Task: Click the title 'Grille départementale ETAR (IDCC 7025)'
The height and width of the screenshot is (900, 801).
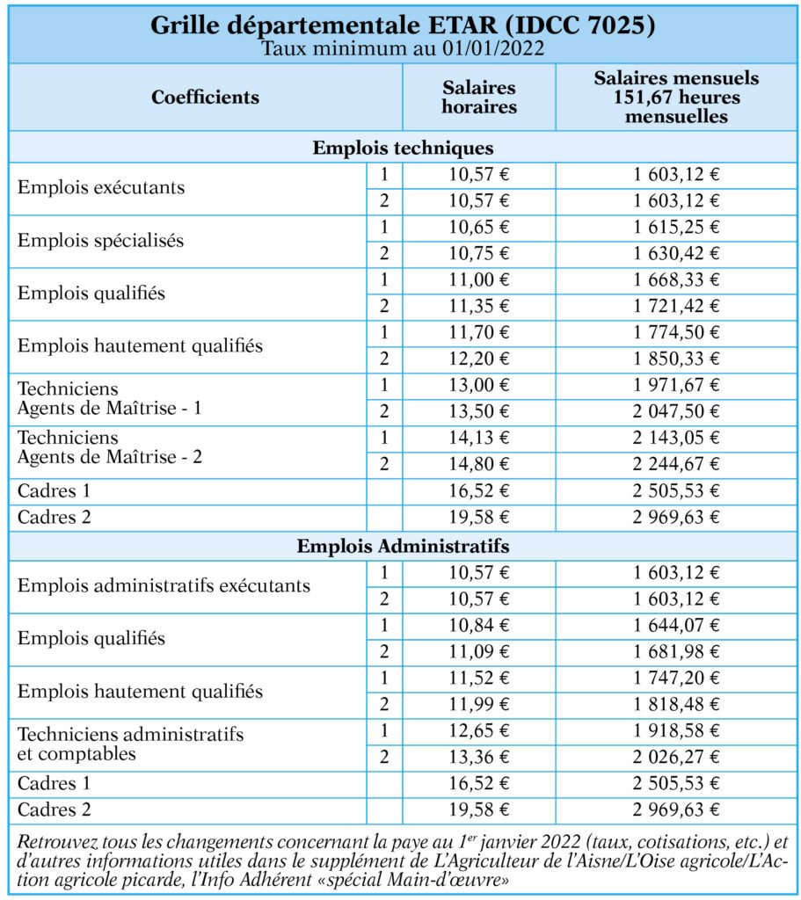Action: coord(403,25)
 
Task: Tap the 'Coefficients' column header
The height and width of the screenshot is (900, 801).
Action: coord(206,97)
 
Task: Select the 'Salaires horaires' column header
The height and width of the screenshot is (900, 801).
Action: coord(479,97)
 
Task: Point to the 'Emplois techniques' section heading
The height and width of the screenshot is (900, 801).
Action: coord(403,148)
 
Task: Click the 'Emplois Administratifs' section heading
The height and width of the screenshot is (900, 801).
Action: coord(403,546)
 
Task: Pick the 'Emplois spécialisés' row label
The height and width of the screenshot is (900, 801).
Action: coord(101,240)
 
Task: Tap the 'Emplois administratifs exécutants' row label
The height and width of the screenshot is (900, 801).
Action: coord(164,585)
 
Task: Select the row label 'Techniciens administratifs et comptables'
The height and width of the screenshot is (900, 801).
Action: coord(131,744)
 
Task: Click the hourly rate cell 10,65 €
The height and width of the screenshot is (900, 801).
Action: coord(479,228)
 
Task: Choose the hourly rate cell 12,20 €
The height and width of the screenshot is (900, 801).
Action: coord(479,359)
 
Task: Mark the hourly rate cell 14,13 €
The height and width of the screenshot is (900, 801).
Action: coord(479,438)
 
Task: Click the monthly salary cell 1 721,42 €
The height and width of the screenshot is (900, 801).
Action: coord(676,306)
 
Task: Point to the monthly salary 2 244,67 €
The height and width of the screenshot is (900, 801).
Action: coord(676,464)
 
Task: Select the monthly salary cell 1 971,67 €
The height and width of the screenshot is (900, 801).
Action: coord(676,385)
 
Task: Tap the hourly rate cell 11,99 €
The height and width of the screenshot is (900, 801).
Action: coord(479,704)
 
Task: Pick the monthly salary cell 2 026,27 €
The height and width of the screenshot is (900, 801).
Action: coord(676,757)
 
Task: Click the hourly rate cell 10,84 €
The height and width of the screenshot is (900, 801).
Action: coord(479,625)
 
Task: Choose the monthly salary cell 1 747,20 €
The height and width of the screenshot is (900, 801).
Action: coord(676,678)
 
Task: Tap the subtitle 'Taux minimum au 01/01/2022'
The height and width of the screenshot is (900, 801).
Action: coord(403,48)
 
